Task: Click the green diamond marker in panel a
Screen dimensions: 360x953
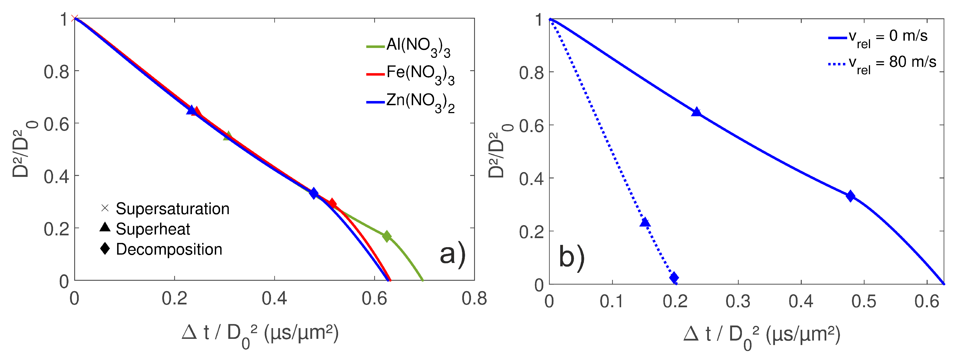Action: [x=387, y=236]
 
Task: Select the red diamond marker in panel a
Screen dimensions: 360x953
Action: [x=332, y=203]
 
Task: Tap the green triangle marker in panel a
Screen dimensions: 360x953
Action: [x=228, y=135]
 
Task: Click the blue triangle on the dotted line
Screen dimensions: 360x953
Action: [x=645, y=222]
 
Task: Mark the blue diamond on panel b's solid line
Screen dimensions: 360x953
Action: [x=851, y=196]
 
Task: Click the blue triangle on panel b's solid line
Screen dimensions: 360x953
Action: [x=696, y=112]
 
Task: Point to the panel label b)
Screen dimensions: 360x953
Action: [x=571, y=257]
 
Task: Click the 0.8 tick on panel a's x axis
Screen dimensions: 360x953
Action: [x=474, y=298]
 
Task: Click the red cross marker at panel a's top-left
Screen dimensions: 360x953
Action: [x=75, y=19]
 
